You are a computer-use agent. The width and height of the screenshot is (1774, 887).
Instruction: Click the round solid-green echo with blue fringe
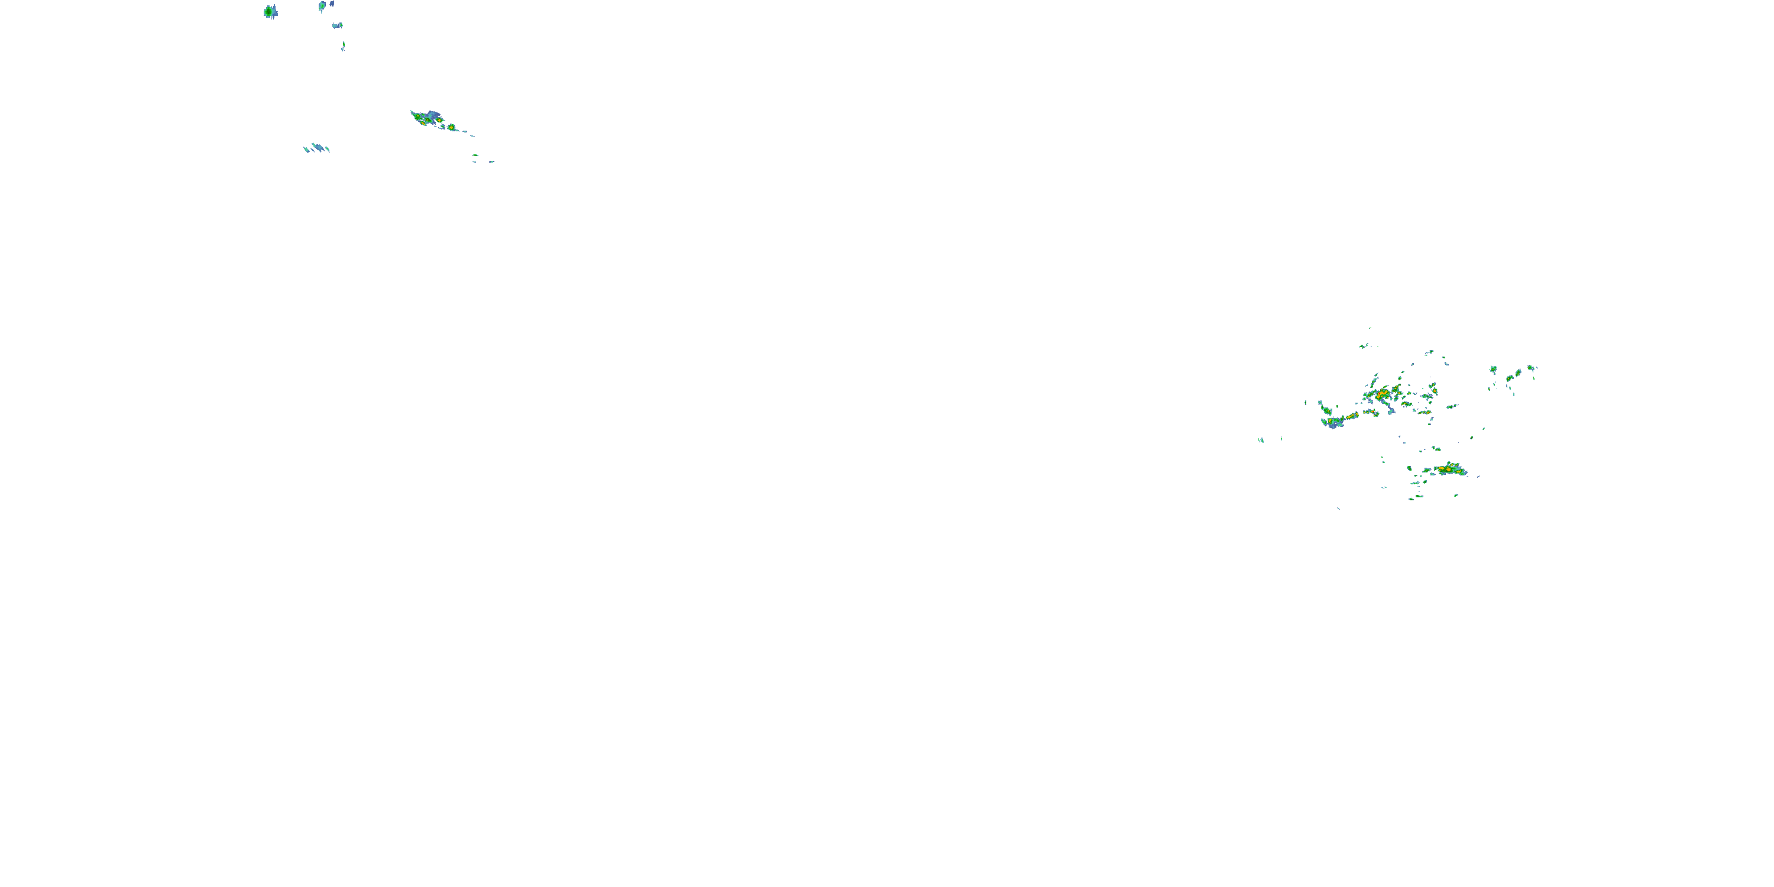pyautogui.click(x=269, y=12)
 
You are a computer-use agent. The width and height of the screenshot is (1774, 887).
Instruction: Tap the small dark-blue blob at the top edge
pyautogui.click(x=332, y=4)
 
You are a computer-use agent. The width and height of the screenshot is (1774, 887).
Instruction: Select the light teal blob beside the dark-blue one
pyautogui.click(x=322, y=6)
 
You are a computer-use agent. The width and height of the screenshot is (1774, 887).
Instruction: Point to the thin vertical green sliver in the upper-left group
pyautogui.click(x=343, y=46)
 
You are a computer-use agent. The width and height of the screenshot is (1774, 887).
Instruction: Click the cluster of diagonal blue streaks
pyautogui.click(x=317, y=147)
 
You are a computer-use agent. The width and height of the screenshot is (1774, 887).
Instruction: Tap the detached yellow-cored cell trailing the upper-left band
pyautogui.click(x=451, y=127)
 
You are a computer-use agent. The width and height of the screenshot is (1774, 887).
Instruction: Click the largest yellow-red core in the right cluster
pyautogui.click(x=1383, y=393)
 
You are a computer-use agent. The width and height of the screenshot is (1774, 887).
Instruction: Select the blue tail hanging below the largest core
pyautogui.click(x=1390, y=410)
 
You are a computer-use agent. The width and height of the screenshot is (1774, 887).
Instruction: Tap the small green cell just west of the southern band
pyautogui.click(x=1409, y=468)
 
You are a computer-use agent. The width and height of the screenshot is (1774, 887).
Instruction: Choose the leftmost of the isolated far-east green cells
pyautogui.click(x=1493, y=369)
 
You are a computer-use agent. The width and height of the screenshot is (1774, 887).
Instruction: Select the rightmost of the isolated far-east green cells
pyautogui.click(x=1531, y=368)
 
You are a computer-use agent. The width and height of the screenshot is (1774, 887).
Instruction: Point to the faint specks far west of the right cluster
pyautogui.click(x=1262, y=439)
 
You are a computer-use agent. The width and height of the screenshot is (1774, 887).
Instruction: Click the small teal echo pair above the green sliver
pyautogui.click(x=338, y=25)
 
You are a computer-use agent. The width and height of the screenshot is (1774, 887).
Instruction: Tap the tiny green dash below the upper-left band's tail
pyautogui.click(x=475, y=155)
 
